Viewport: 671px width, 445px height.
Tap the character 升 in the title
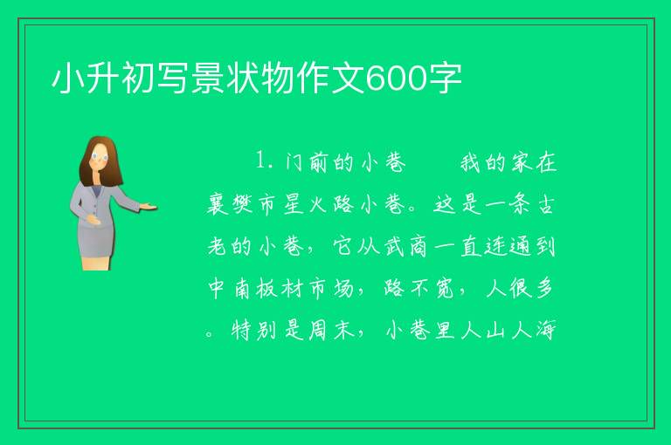pyautogui.click(x=103, y=79)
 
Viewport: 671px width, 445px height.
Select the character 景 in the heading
pyautogui.click(x=209, y=79)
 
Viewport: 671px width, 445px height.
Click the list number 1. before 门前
pyautogui.click(x=265, y=161)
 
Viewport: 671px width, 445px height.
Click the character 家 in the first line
pyautogui.click(x=521, y=162)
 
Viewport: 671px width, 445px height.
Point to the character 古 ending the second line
pyautogui.click(x=545, y=204)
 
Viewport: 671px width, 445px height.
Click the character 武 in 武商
pyautogui.click(x=394, y=246)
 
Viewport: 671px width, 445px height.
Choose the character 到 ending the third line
pyautogui.click(x=545, y=246)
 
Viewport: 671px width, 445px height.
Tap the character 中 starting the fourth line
pyautogui.click(x=217, y=288)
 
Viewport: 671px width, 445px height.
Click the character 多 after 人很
pyautogui.click(x=545, y=288)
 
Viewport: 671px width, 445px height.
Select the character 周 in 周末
pyautogui.click(x=318, y=330)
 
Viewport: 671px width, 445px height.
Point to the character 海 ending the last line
pyautogui.click(x=545, y=330)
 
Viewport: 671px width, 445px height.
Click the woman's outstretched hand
pyautogui.click(x=149, y=207)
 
